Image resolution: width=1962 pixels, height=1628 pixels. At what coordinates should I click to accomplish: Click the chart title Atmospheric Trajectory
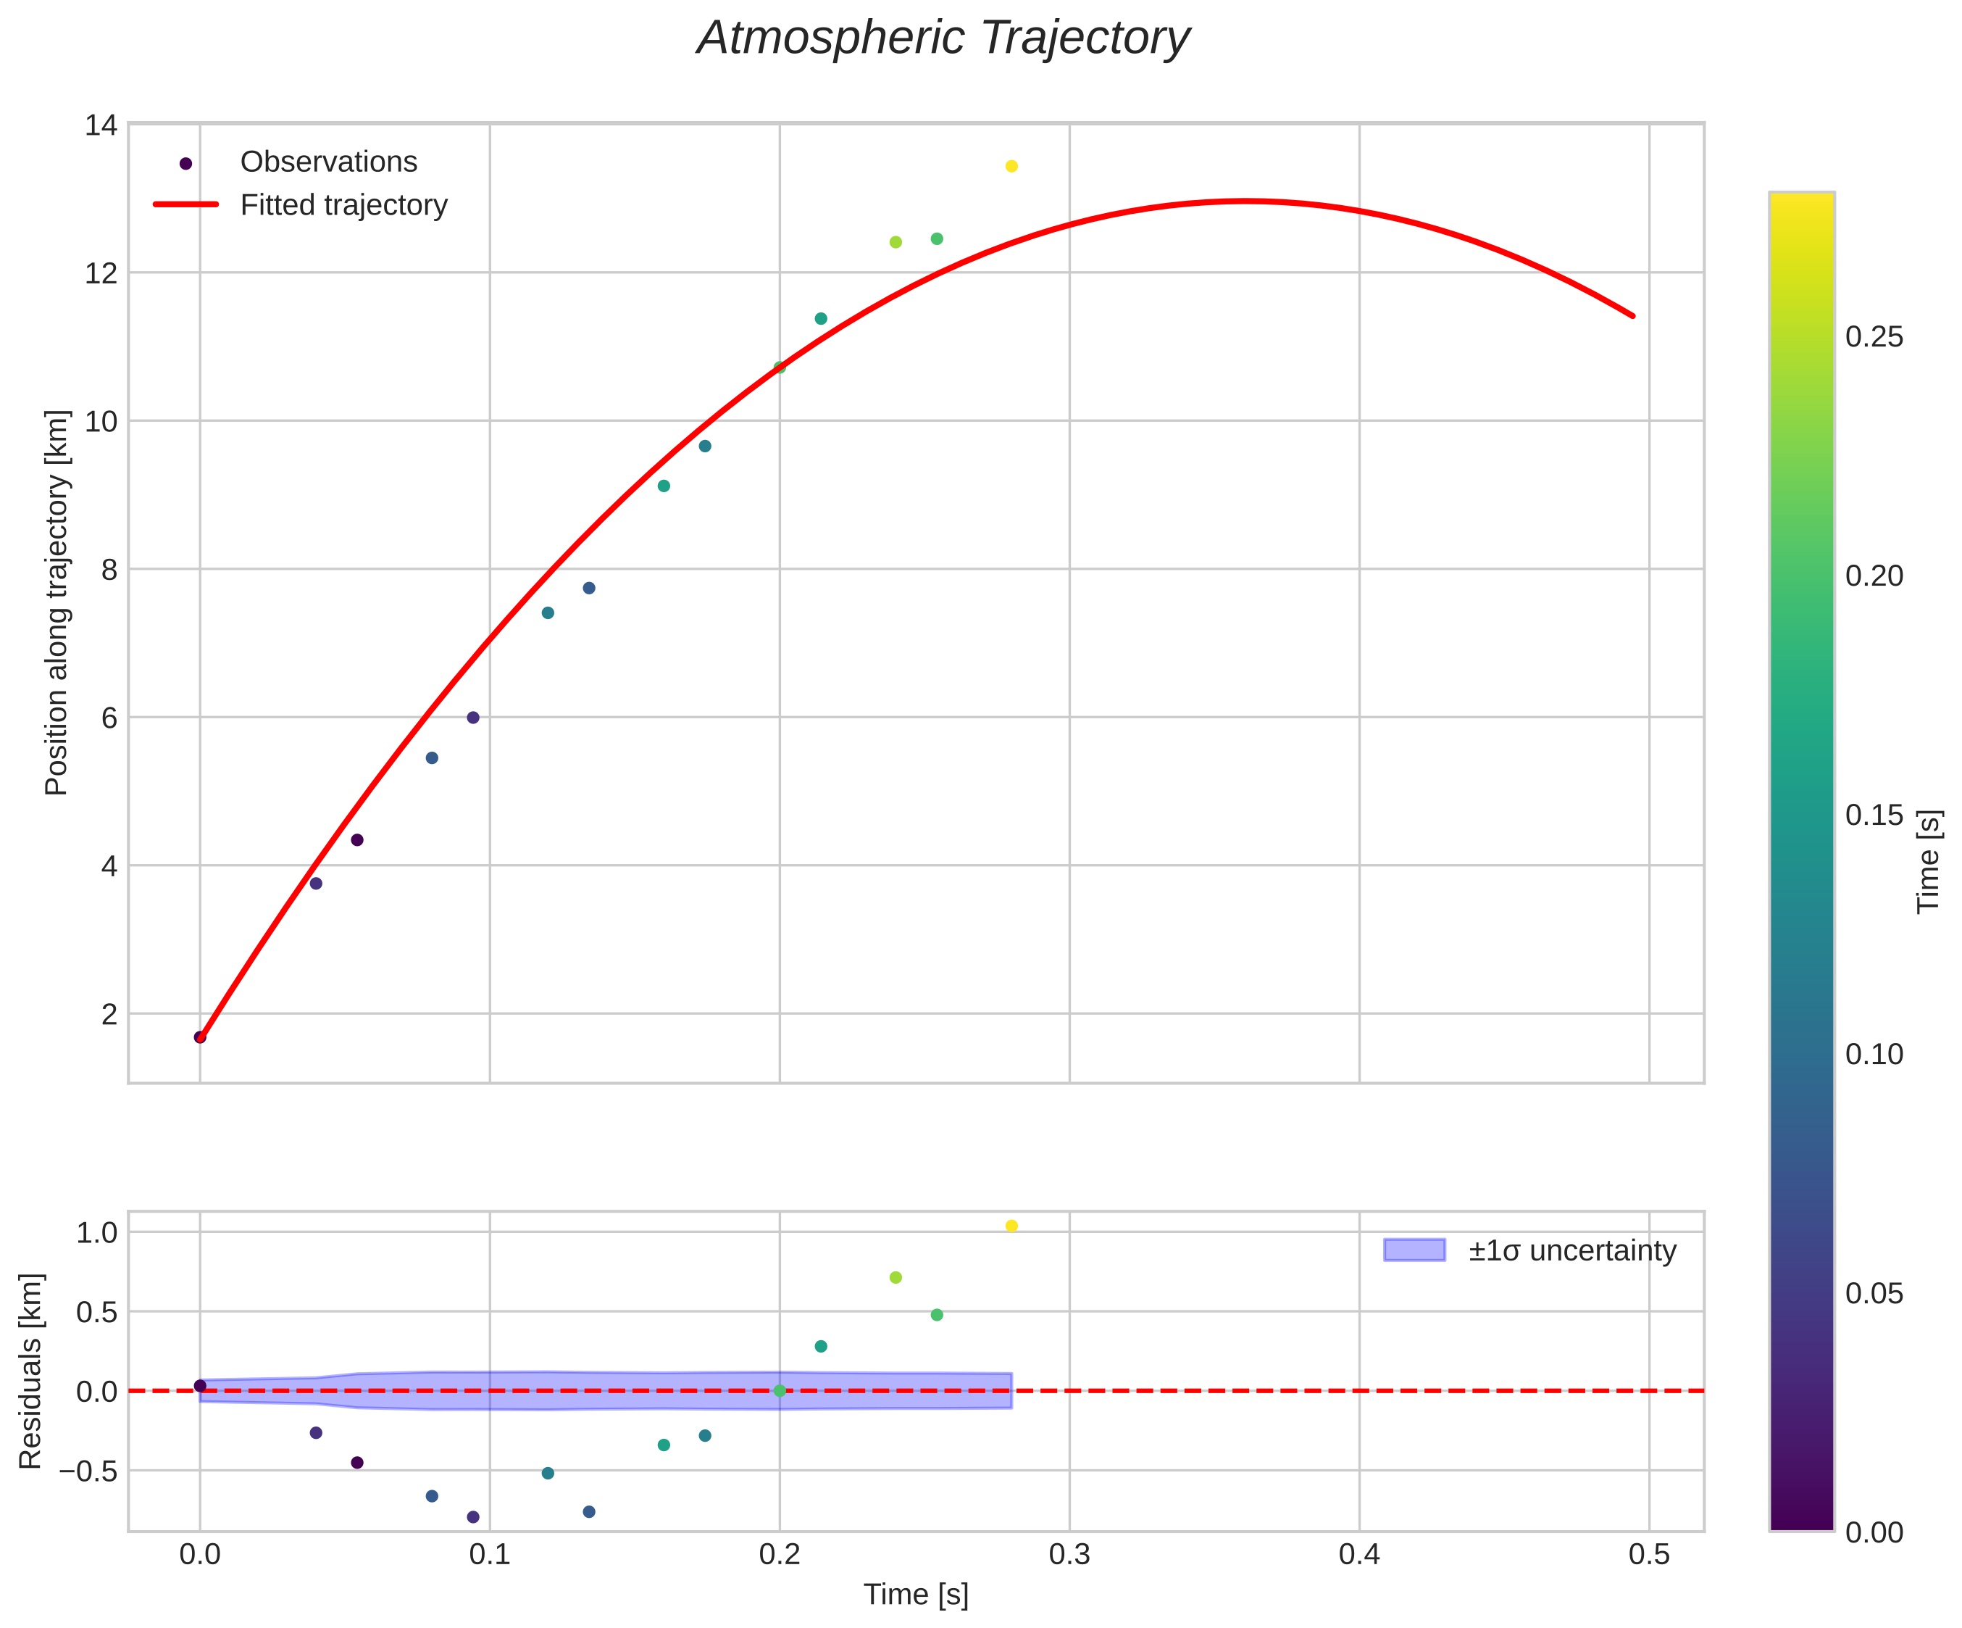(x=943, y=39)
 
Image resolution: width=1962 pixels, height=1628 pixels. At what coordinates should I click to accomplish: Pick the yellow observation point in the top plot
(x=1011, y=166)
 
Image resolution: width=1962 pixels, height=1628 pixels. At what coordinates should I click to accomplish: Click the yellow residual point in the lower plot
(x=1011, y=1226)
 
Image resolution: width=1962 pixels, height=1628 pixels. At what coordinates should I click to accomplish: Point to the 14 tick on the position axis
(x=101, y=125)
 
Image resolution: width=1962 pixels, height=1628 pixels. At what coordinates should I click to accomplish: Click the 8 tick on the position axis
(x=109, y=569)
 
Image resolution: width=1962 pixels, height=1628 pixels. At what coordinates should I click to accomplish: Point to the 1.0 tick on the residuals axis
(x=97, y=1233)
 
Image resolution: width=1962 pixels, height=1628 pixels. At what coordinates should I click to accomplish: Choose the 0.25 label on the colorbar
(x=1873, y=337)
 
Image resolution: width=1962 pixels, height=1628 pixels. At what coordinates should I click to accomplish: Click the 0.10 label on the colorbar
(x=1873, y=1054)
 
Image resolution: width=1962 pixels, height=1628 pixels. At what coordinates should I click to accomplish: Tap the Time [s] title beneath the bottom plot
(x=916, y=1595)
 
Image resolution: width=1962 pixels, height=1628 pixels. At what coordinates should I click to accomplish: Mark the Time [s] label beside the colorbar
(x=1929, y=860)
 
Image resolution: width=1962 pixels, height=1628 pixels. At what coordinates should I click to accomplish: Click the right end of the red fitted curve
(x=1632, y=316)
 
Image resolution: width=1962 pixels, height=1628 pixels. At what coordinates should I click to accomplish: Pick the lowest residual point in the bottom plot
(x=472, y=1517)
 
